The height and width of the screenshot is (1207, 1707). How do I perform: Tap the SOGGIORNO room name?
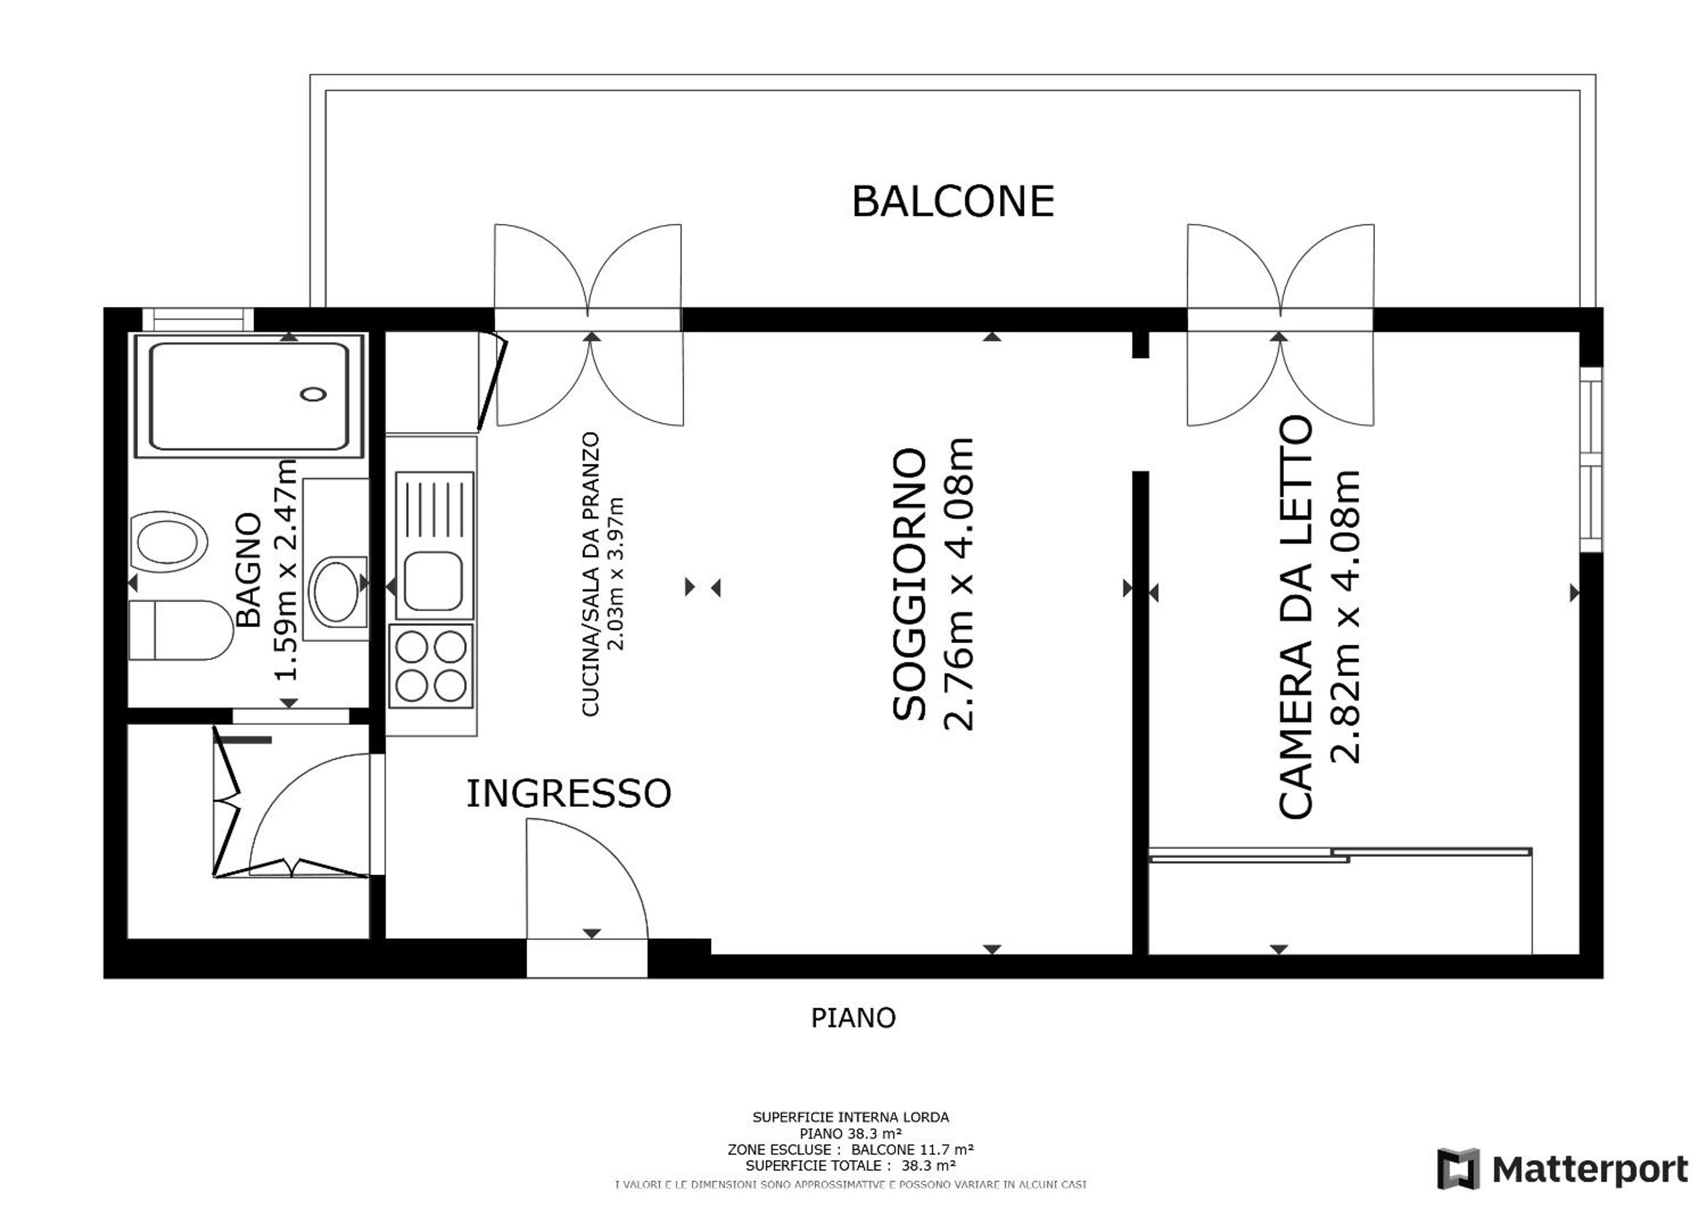tap(909, 584)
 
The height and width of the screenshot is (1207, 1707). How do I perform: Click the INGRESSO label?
tap(569, 793)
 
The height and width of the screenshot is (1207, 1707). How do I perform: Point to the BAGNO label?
tap(248, 569)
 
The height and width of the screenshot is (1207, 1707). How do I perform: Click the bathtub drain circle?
tap(314, 394)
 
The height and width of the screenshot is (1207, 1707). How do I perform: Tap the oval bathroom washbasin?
tap(336, 592)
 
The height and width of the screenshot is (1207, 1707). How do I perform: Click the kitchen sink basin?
tap(433, 581)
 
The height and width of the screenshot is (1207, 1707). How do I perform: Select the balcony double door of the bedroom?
tap(1280, 325)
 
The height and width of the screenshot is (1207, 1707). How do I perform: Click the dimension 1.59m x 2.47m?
tap(285, 569)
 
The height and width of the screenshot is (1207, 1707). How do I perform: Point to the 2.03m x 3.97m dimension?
tap(616, 574)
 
